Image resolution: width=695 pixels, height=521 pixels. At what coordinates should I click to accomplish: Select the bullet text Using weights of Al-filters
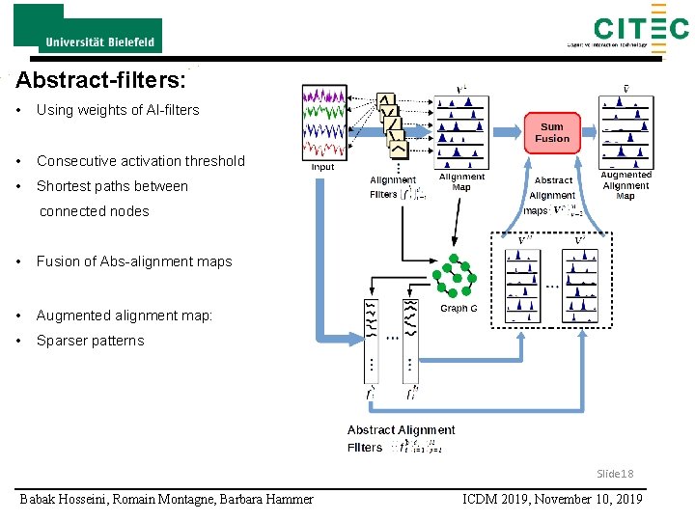coord(117,110)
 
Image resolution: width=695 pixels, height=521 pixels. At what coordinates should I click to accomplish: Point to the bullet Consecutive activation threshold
coord(140,161)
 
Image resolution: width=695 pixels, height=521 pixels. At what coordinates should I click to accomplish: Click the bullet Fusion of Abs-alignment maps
coord(133,261)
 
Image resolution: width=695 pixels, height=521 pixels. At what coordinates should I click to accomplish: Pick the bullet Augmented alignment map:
coord(124,315)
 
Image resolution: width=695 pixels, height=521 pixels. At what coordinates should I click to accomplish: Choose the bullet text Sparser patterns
coord(90,341)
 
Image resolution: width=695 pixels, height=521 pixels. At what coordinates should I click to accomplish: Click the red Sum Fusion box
coord(552,133)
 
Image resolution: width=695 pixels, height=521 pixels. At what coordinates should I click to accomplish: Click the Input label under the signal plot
coord(323,167)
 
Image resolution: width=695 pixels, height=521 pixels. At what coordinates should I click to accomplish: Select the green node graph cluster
coord(455,277)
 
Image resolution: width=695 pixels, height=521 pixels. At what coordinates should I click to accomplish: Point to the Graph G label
coord(459,309)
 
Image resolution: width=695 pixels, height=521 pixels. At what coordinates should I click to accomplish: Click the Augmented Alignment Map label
coord(625,185)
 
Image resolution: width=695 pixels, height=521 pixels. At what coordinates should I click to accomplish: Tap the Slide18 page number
coord(615,474)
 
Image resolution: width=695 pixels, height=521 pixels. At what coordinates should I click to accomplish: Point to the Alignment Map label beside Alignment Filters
coord(461,182)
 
